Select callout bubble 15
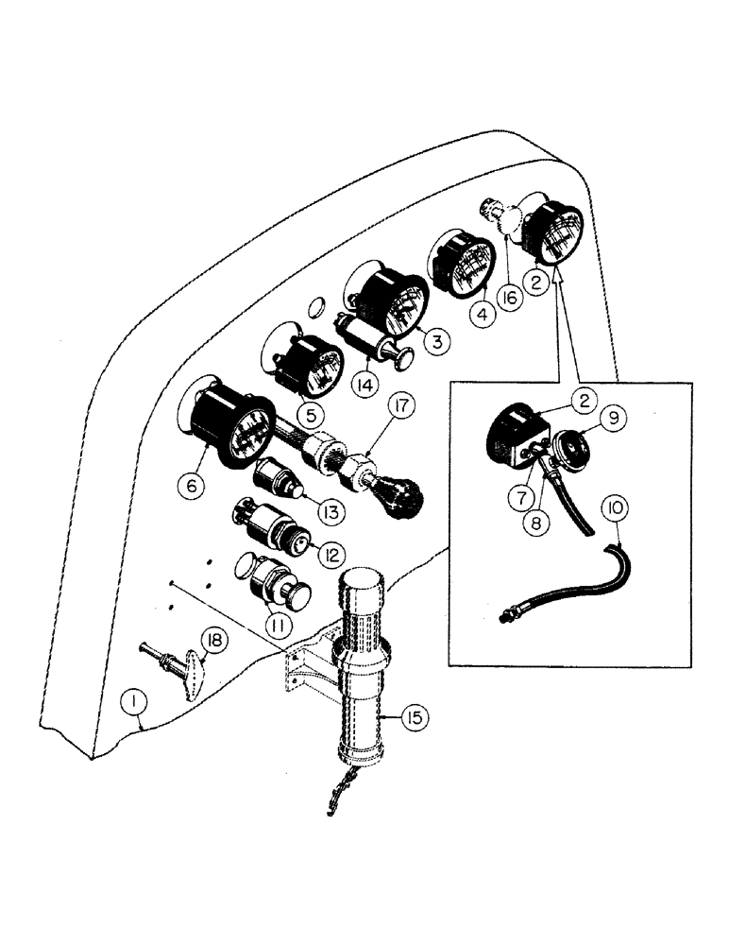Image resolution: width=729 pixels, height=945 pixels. pyautogui.click(x=412, y=720)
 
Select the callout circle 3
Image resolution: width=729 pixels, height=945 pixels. pyautogui.click(x=437, y=341)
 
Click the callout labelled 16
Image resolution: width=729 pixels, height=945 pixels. pyautogui.click(x=509, y=300)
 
